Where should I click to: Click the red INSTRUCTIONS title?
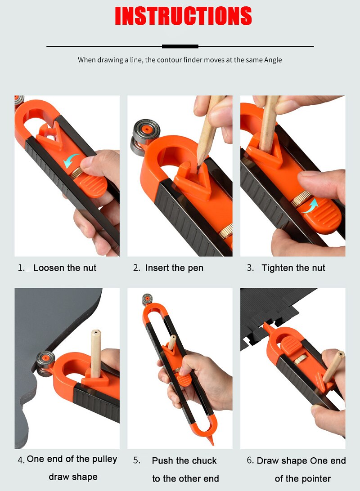tap(183, 16)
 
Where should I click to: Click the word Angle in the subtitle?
tap(273, 60)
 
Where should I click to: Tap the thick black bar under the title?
tap(180, 46)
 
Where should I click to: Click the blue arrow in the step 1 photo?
tap(71, 161)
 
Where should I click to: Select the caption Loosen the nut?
tap(65, 268)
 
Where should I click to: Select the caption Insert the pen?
tap(174, 268)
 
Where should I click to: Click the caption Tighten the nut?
tap(293, 268)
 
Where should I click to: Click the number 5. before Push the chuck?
tap(137, 461)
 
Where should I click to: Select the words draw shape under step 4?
tap(73, 477)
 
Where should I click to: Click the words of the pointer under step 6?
tap(303, 479)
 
